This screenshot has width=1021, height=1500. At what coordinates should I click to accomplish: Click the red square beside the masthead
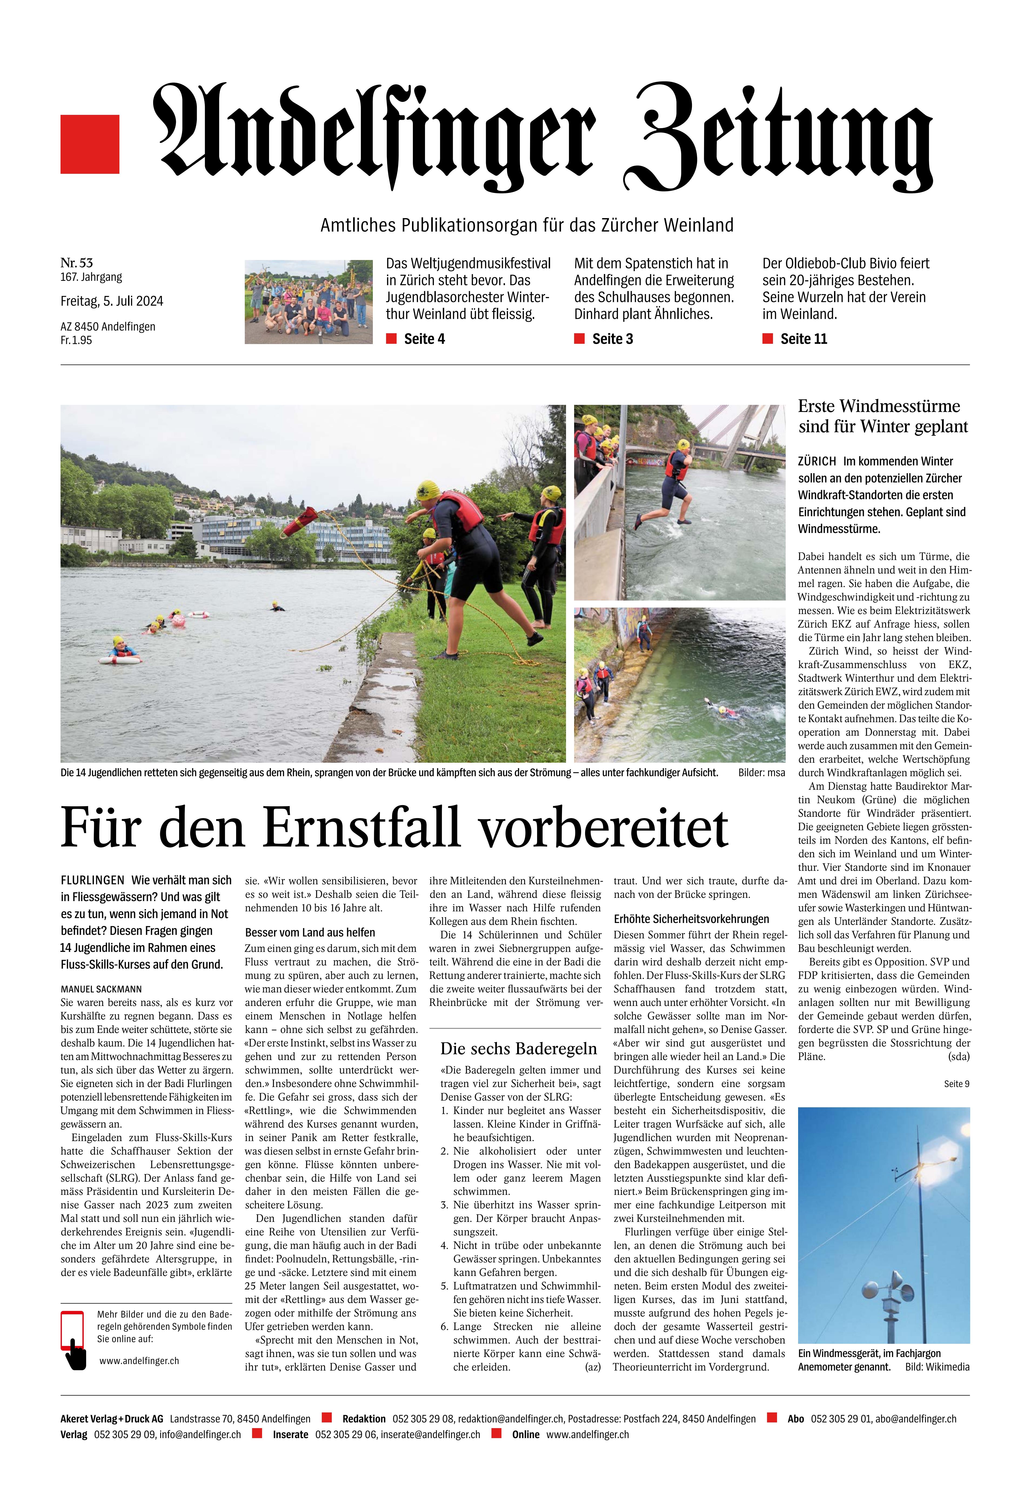click(90, 144)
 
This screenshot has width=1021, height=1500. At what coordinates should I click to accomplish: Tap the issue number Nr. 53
click(77, 263)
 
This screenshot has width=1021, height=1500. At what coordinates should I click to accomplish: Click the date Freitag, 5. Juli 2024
click(112, 301)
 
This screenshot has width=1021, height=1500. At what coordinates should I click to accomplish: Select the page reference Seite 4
click(423, 339)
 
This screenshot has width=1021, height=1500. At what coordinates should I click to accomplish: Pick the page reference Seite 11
click(803, 339)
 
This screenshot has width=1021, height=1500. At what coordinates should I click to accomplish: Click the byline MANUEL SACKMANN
click(101, 989)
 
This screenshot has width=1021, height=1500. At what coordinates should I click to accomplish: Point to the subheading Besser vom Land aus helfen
click(310, 933)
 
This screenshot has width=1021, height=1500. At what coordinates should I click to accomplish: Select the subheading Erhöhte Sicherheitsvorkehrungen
click(691, 918)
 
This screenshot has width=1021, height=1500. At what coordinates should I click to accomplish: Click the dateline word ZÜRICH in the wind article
click(816, 462)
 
